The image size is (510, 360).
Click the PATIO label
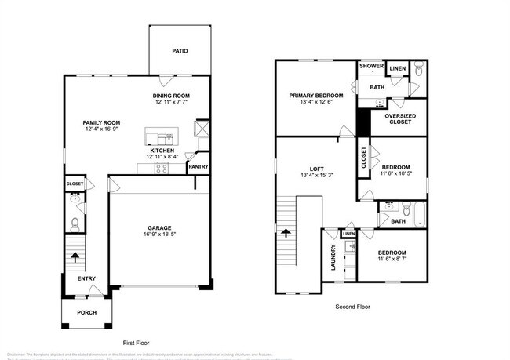coord(180,51)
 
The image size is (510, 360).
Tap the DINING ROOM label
coord(171,96)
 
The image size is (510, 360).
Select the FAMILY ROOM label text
coord(102,122)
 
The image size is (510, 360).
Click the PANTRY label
coord(197,166)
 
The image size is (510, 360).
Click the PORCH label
coord(86,312)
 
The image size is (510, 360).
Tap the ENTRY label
coord(86,278)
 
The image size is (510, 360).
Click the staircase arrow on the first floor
coord(75,256)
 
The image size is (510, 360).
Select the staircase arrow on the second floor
coord(286,233)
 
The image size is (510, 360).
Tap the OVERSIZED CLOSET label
coord(400,119)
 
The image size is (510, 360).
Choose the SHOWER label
coord(371,67)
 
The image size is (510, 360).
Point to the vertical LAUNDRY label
coord(333,257)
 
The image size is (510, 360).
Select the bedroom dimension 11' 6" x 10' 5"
coord(396,173)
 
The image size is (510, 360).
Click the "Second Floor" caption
coord(352,307)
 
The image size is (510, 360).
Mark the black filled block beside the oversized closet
coord(364,122)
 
